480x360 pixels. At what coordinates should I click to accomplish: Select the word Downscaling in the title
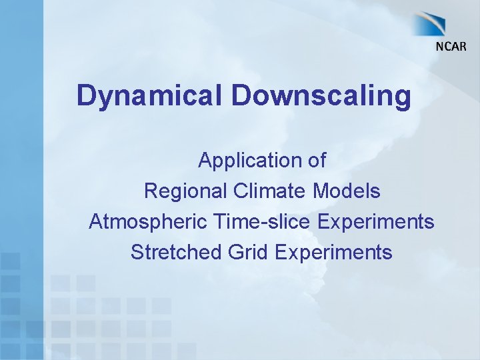[321, 95]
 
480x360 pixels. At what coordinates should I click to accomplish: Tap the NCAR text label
[451, 46]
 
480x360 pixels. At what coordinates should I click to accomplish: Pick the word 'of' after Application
[315, 161]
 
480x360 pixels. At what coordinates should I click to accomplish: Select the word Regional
[186, 191]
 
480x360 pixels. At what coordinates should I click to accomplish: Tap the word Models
[347, 191]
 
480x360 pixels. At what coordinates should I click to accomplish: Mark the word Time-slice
[255, 221]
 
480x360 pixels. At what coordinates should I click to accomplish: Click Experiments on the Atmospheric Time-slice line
[376, 222]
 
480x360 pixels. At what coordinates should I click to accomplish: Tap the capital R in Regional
[151, 191]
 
